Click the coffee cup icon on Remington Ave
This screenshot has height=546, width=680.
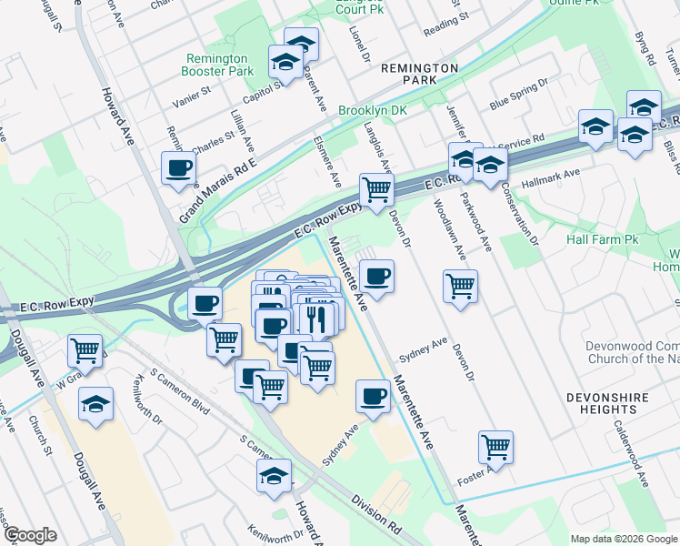click(x=178, y=167)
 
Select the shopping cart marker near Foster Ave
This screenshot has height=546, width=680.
click(x=496, y=447)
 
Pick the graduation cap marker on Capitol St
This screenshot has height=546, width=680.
click(x=285, y=62)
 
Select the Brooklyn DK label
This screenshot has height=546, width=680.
click(x=372, y=110)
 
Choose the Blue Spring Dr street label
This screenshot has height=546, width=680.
click(x=519, y=94)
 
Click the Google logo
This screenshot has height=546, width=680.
click(x=30, y=535)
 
